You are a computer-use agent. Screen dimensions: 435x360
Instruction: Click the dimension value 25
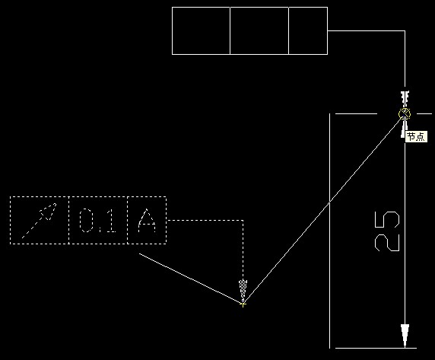point(387,231)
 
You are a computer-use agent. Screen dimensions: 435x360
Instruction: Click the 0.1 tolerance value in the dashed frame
point(97,221)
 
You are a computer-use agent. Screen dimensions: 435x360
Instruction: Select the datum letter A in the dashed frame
point(147,221)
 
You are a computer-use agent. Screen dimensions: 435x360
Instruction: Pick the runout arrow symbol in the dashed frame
point(39,221)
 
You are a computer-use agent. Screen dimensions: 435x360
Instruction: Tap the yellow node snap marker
point(405,114)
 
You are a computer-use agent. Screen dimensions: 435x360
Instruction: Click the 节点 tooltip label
point(416,137)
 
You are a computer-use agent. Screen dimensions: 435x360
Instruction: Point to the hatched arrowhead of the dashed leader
point(243,290)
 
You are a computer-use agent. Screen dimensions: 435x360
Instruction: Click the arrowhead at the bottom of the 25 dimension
point(405,336)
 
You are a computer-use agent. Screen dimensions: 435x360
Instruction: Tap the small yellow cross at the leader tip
point(243,304)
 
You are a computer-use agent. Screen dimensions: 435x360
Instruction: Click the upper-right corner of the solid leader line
point(405,30)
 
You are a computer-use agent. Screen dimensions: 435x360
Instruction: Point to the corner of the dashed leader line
point(243,221)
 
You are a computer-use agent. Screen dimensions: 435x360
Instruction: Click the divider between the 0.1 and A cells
point(127,221)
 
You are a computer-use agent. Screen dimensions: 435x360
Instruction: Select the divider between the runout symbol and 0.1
point(68,221)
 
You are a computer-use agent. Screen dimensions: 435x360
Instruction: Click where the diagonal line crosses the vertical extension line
point(329,202)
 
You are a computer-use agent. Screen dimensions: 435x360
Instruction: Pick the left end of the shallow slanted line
point(139,253)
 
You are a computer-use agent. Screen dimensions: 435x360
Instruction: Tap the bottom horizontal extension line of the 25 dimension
point(376,348)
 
